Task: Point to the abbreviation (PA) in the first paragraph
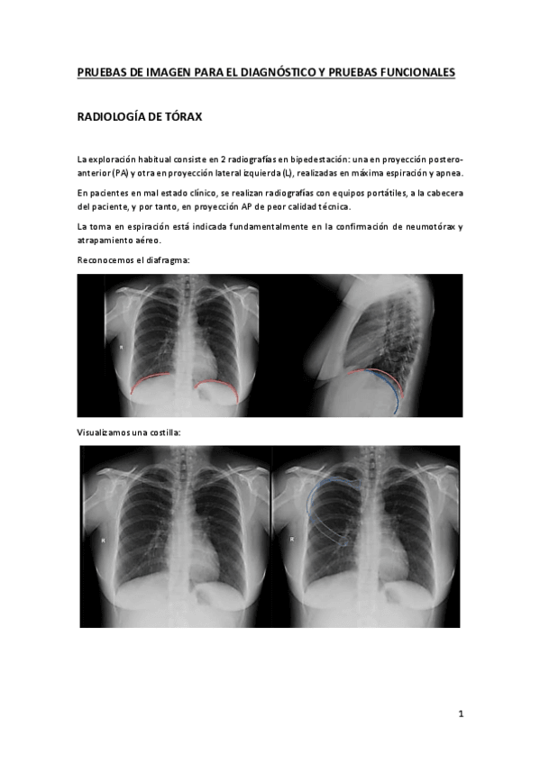pyautogui.click(x=119, y=173)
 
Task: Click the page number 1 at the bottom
pyautogui.click(x=460, y=715)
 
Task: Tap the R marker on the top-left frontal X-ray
pyautogui.click(x=120, y=347)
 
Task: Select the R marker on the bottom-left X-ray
pyautogui.click(x=104, y=541)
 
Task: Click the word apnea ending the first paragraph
pyautogui.click(x=448, y=173)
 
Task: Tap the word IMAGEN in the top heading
pyautogui.click(x=153, y=71)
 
